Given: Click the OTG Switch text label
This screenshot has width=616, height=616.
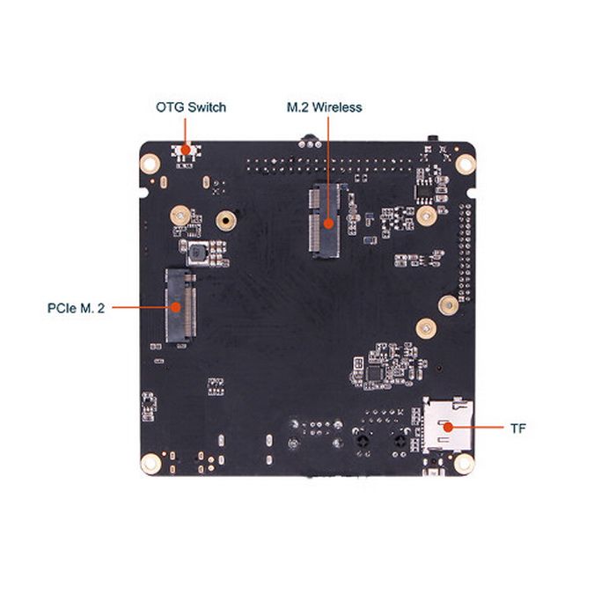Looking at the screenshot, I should point(191,107).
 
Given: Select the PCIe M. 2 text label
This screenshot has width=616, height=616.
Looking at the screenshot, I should point(76,308).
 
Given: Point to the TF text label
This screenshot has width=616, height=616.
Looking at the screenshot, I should point(518,429).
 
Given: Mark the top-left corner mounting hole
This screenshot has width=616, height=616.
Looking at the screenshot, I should point(150,163).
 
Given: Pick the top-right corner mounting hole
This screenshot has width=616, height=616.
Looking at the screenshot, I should point(464,163).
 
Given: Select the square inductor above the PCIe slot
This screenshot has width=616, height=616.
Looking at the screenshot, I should point(197,254).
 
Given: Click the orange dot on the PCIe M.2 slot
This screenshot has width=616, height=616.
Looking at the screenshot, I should point(177,307).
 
